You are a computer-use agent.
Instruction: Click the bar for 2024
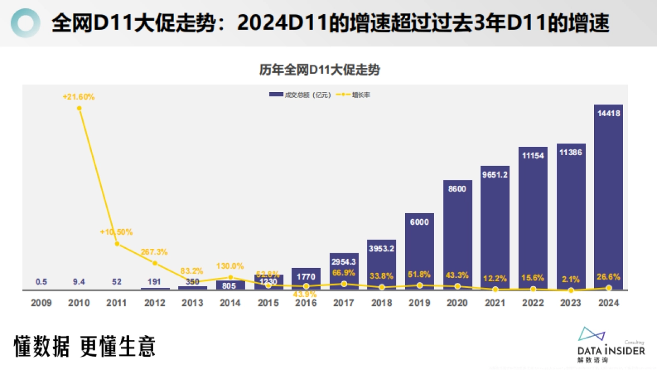pos(608,197)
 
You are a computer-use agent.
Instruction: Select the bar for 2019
pos(419,252)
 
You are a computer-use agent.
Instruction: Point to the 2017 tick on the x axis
pos(344,303)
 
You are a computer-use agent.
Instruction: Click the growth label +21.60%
pos(79,96)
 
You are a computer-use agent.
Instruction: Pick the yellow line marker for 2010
pos(79,108)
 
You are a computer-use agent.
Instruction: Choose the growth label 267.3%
pos(154,252)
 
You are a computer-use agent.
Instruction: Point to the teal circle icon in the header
pos(26,23)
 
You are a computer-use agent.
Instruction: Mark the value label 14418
pos(608,113)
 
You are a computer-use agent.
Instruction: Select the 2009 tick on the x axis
pos(42,303)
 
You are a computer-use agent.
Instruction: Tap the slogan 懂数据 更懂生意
pos(85,346)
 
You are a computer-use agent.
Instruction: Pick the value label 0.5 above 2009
pos(42,282)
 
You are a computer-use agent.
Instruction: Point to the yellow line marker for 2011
pos(117,243)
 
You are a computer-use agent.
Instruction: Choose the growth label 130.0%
pos(230,266)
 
